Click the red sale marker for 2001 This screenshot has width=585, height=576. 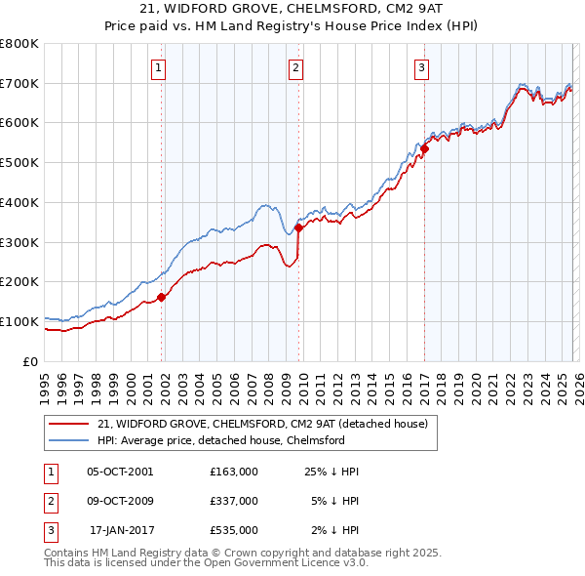[x=162, y=298]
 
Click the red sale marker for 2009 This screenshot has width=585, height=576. [x=299, y=228]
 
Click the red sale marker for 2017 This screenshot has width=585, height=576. [x=425, y=149]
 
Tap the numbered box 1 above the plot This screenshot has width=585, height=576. [x=158, y=68]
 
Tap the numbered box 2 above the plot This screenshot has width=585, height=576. [x=295, y=68]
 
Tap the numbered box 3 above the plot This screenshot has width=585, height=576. [x=421, y=68]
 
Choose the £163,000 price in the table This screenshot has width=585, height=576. [x=234, y=472]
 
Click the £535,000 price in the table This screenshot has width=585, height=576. [x=234, y=530]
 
